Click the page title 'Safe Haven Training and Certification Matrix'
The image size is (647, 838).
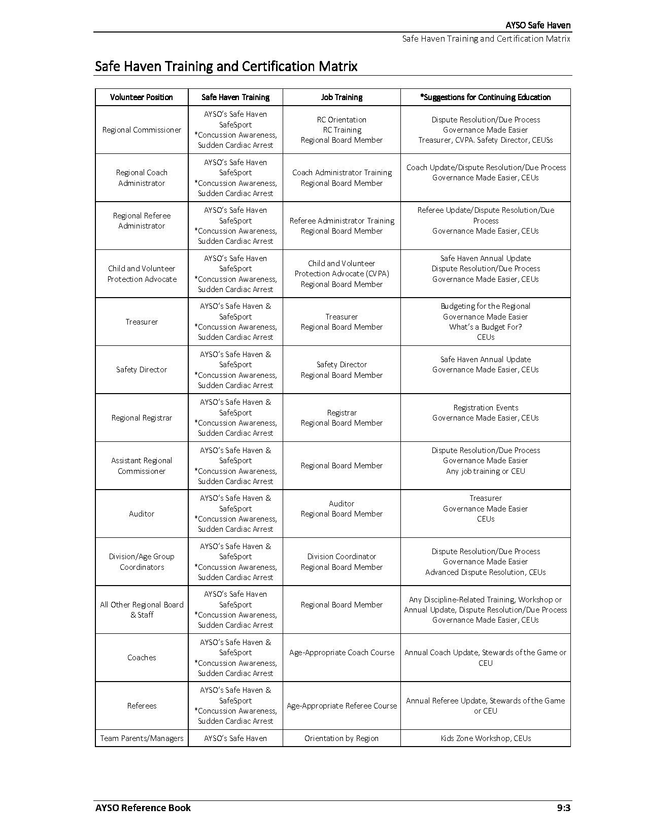226,67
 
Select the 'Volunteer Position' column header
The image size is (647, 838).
141,97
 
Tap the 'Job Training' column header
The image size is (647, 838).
342,97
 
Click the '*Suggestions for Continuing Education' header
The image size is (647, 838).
485,97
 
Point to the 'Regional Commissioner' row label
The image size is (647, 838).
142,130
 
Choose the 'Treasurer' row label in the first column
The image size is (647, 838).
142,321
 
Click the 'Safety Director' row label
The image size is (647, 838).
142,370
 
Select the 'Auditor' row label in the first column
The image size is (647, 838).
142,514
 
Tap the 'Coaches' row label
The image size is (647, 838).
142,658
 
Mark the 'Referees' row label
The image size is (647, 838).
142,706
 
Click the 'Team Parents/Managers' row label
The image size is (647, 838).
142,738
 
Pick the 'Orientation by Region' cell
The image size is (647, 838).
342,738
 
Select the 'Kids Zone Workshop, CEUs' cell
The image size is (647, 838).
486,738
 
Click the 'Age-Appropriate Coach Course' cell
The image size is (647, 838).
342,653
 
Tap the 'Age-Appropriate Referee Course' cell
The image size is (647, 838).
342,706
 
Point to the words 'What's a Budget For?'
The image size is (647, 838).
486,327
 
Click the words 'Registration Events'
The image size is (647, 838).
486,408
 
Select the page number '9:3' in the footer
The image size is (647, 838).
563,808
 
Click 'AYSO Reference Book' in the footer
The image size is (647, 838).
143,808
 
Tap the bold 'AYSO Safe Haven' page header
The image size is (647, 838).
538,25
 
